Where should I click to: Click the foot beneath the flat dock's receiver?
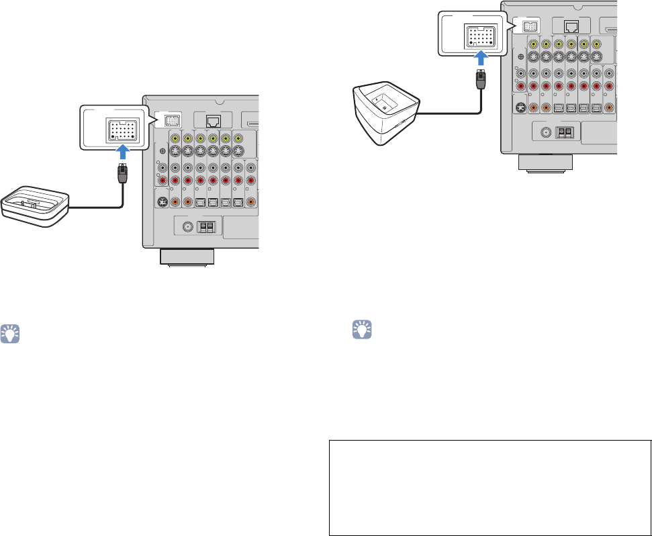[x=187, y=257]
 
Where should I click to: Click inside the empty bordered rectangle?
[x=490, y=487]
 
